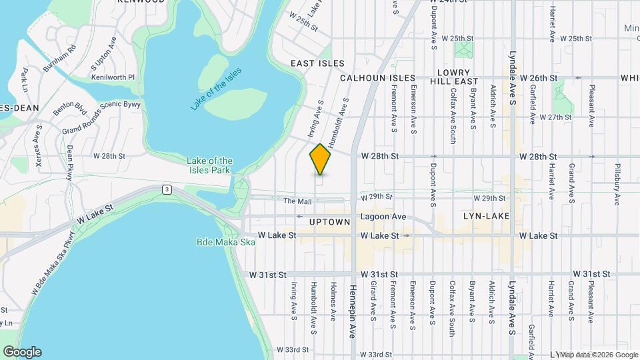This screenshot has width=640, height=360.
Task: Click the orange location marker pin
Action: click(x=321, y=159)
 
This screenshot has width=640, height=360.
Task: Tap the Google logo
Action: click(x=22, y=351)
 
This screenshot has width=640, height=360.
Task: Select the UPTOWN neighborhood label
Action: click(x=329, y=221)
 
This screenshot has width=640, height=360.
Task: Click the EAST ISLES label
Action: click(x=317, y=63)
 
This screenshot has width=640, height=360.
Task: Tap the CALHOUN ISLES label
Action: click(x=377, y=78)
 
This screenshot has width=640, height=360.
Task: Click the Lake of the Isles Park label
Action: click(x=209, y=165)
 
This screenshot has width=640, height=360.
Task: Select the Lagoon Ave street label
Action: click(x=383, y=217)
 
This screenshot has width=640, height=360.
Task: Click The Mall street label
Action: click(x=297, y=201)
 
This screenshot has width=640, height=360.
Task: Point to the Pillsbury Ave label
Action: click(x=618, y=183)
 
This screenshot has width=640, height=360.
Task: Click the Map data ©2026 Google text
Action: click(x=599, y=354)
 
